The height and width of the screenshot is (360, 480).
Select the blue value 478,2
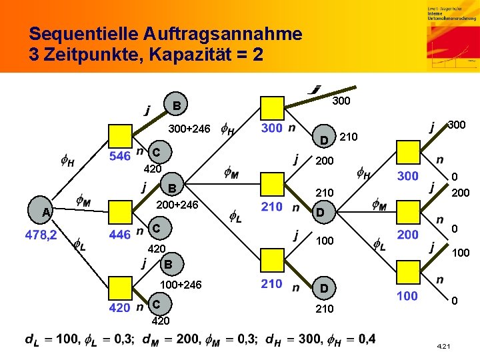click(x=41, y=235)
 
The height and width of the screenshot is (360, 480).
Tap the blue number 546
click(x=119, y=156)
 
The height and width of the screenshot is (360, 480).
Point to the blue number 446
click(x=119, y=234)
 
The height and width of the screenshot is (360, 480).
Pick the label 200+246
click(x=177, y=205)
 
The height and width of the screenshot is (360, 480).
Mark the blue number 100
click(x=407, y=295)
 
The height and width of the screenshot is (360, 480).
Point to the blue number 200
click(x=407, y=234)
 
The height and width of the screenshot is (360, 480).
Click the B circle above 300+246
click(x=176, y=105)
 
